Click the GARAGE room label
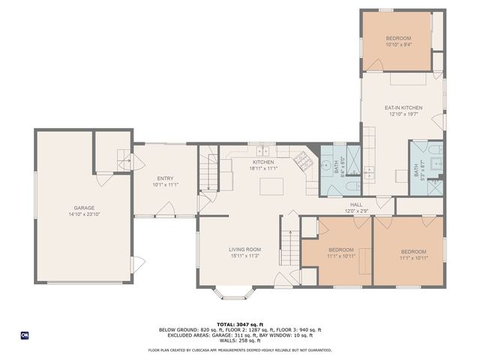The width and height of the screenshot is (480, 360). [x=84, y=208]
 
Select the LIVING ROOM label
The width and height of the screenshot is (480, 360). [x=244, y=250]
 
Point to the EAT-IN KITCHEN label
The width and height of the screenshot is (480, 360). [x=403, y=108]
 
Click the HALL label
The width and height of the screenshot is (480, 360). [x=356, y=204]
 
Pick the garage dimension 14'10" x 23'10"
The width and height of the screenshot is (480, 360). [x=84, y=214]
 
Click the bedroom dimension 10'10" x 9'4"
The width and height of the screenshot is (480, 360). [x=398, y=44]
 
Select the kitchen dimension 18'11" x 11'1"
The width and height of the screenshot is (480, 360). [x=262, y=169]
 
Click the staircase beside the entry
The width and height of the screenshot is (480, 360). [x=208, y=177]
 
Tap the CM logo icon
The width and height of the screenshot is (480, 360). [x=24, y=335]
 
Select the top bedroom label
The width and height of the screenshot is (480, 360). [x=398, y=38]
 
